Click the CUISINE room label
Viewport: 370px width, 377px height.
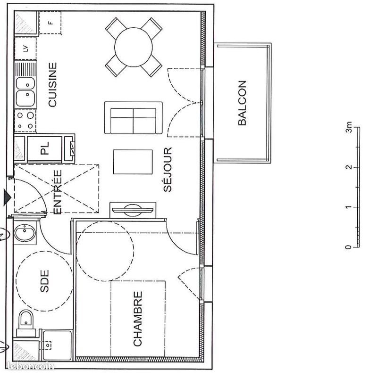52,85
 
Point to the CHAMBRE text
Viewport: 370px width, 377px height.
138,319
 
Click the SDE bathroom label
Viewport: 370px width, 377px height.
45,280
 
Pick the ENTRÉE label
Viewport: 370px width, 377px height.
57,192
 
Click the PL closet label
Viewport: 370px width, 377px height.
45,149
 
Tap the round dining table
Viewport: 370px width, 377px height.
134,47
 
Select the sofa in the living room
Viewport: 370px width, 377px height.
134,118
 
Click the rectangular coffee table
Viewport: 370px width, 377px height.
133,162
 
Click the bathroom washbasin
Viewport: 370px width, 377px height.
25,233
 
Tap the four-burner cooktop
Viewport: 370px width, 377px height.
25,120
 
